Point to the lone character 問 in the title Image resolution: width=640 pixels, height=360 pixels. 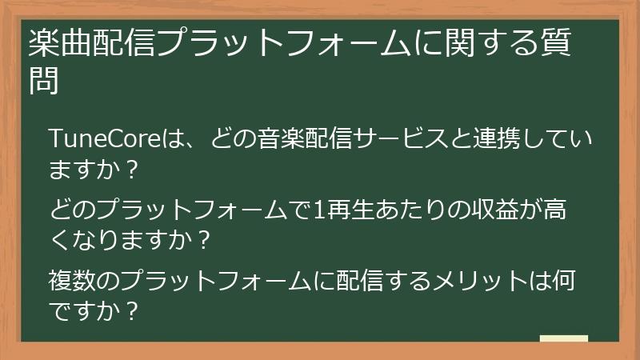coord(45,81)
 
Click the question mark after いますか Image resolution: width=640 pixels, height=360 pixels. coord(133,170)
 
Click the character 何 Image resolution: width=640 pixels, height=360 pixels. coord(560,282)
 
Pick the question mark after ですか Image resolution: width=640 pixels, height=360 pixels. coord(133,310)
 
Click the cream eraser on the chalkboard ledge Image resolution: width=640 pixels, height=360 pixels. coord(564,339)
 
